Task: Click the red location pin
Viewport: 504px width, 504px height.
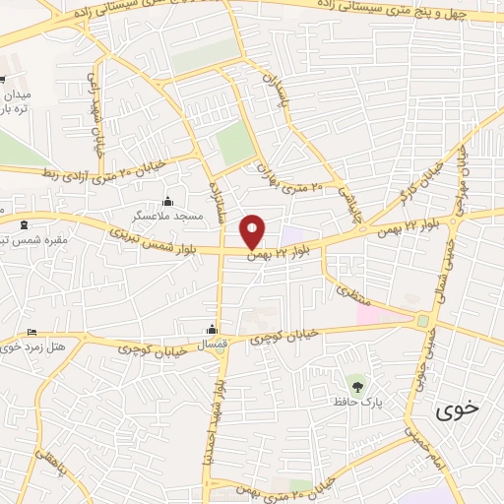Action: tap(253, 231)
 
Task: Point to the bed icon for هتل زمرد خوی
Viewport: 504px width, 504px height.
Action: tap(32, 332)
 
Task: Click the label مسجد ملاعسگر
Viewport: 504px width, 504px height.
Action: tap(169, 214)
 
